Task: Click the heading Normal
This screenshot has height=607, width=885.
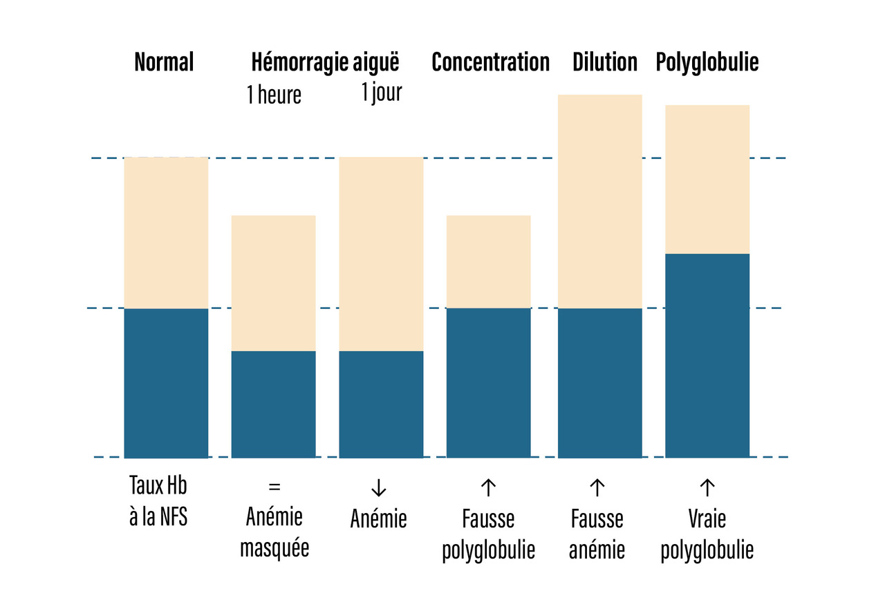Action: tap(164, 62)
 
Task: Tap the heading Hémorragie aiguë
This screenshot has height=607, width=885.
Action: tap(325, 62)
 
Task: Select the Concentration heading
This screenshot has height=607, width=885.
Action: tap(490, 62)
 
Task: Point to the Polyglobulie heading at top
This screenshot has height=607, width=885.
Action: tap(707, 62)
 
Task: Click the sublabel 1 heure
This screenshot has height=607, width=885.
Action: tap(274, 95)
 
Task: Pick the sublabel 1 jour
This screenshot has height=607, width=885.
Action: tap(381, 92)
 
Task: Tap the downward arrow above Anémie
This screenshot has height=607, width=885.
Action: tap(378, 487)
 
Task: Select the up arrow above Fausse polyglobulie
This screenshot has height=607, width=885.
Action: tap(488, 487)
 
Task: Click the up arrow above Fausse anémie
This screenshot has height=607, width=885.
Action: tap(597, 487)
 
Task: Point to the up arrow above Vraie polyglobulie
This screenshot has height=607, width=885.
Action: tap(707, 487)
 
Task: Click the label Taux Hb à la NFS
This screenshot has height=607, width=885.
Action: tap(158, 501)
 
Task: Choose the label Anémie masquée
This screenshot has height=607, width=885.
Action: tap(274, 532)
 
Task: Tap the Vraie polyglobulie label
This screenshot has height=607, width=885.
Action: tap(707, 534)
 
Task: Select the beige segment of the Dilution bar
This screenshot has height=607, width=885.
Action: tap(599, 200)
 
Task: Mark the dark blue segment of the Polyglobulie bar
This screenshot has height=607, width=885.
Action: tap(707, 355)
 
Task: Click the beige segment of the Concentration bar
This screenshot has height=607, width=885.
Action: tap(488, 261)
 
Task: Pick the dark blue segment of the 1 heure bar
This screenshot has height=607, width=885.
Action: tap(273, 404)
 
